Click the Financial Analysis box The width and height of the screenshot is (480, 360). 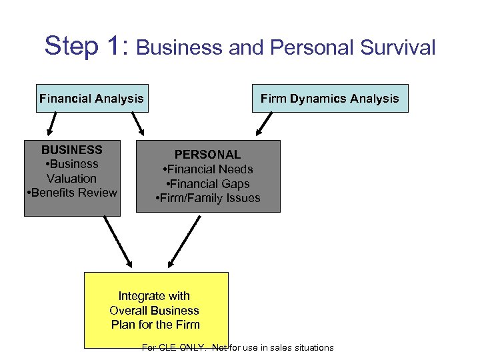pyautogui.click(x=91, y=99)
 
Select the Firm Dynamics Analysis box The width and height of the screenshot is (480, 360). pyautogui.click(x=329, y=99)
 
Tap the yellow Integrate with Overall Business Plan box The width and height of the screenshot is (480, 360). pyautogui.click(x=156, y=309)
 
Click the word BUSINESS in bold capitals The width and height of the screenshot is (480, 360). pyautogui.click(x=72, y=149)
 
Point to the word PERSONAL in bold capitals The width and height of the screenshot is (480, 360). pyautogui.click(x=207, y=155)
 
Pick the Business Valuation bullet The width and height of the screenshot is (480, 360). pyautogui.click(x=72, y=171)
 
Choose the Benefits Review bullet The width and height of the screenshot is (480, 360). pyautogui.click(x=72, y=193)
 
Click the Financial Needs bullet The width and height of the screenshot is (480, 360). pyautogui.click(x=208, y=169)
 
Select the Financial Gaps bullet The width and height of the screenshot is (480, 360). pyautogui.click(x=208, y=184)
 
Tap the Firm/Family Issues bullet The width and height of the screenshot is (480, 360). pyautogui.click(x=208, y=198)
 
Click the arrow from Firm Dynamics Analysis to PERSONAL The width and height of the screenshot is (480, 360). pyautogui.click(x=265, y=124)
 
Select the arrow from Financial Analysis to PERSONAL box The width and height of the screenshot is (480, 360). pyautogui.click(x=139, y=123)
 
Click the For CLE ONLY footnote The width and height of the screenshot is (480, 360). pyautogui.click(x=238, y=347)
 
